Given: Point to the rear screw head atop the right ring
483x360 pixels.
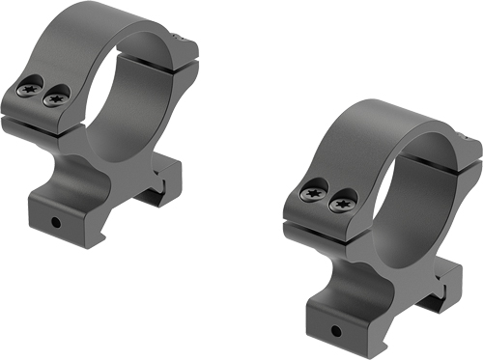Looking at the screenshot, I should (472, 143).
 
